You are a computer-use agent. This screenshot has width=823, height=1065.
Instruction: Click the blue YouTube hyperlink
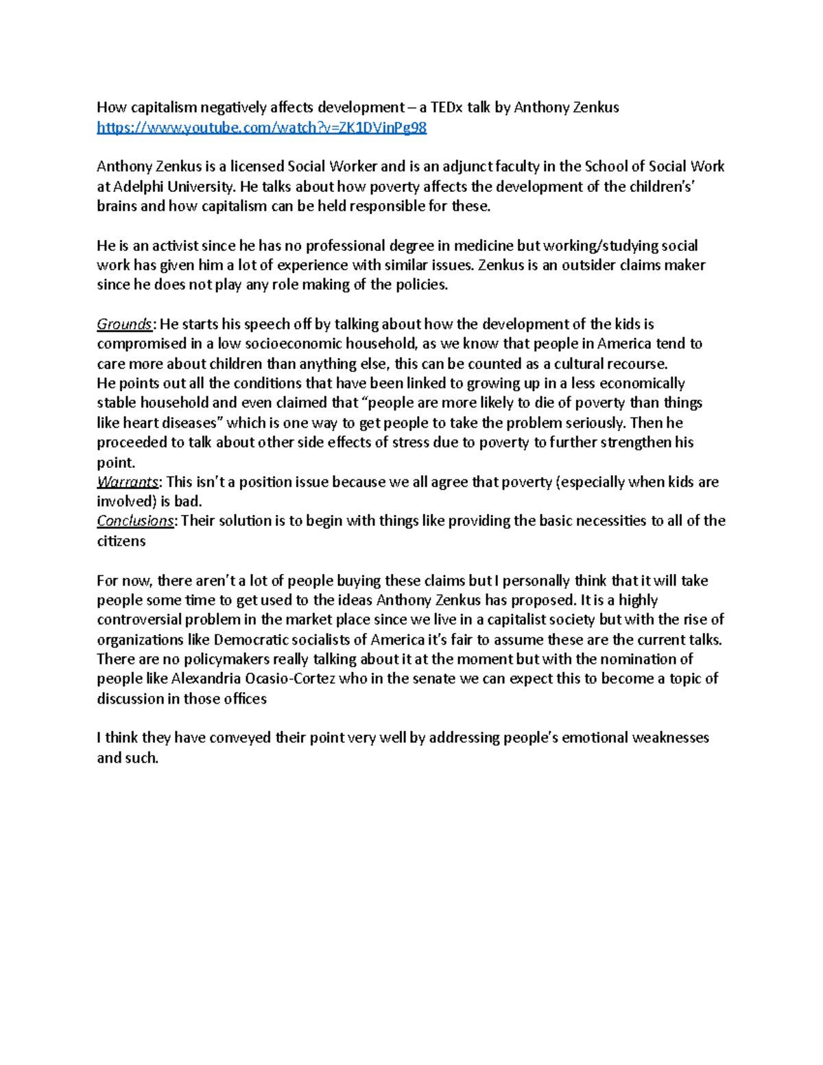click(261, 128)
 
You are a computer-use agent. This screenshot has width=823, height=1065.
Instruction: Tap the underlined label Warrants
click(128, 482)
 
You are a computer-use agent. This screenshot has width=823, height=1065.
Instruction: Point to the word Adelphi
click(137, 187)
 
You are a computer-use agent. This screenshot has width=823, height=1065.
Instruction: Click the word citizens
click(121, 541)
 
